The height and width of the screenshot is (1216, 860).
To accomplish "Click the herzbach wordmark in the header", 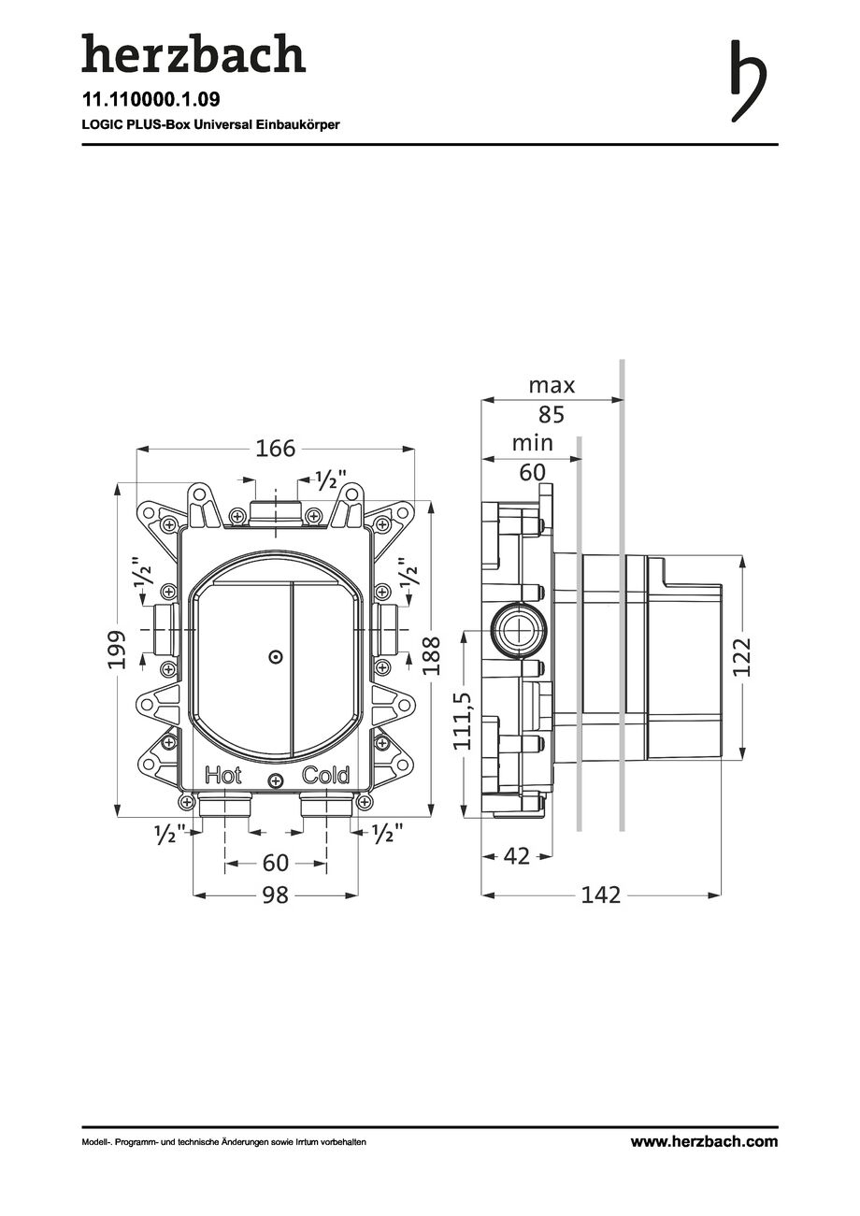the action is click(193, 53).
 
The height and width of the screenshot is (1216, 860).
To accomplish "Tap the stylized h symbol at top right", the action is click(748, 80).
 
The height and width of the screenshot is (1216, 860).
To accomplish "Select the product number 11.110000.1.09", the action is click(150, 99).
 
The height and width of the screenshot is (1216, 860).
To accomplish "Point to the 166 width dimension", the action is click(275, 449).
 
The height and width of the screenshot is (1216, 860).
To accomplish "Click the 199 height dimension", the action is click(117, 650).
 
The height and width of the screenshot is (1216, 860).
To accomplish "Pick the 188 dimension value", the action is click(431, 656).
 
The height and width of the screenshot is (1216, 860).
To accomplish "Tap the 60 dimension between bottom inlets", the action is click(275, 863).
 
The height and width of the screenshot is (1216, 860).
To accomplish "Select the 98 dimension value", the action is click(275, 895).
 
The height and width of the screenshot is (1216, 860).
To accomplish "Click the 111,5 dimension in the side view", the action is click(465, 722).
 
